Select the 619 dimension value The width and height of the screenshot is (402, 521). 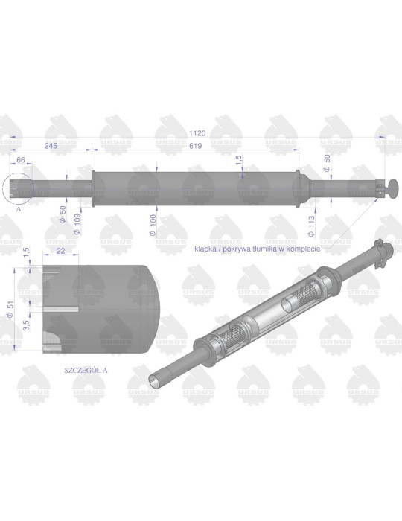click(195, 146)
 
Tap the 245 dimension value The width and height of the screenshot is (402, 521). click(51, 146)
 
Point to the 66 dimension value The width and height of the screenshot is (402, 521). click(22, 159)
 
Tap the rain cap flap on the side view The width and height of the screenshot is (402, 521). click(389, 187)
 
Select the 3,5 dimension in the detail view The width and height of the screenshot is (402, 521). click(26, 324)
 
